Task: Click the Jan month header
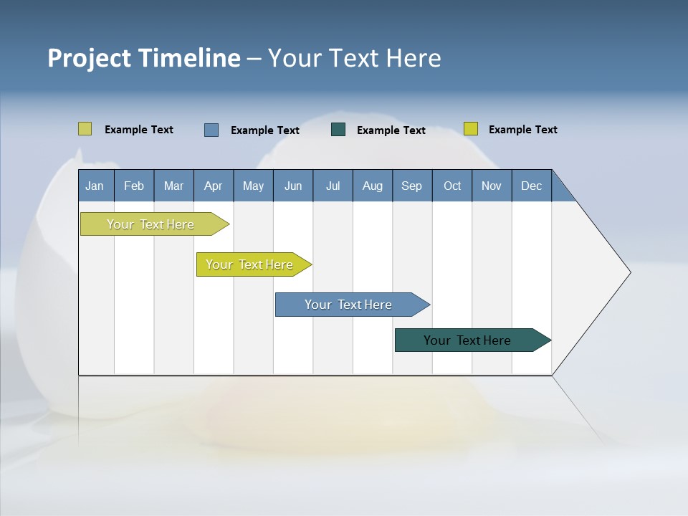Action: tap(95, 186)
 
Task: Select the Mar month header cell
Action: tap(173, 186)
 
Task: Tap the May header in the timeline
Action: tap(253, 186)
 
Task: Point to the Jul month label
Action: tap(333, 186)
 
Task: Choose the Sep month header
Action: tap(411, 186)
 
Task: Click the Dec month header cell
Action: tap(531, 186)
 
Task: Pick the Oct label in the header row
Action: tap(452, 186)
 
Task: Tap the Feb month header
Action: tap(134, 186)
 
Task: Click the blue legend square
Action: tap(211, 130)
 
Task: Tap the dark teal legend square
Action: tap(338, 130)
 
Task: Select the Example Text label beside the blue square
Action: tap(265, 130)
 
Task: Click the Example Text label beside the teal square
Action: tap(391, 130)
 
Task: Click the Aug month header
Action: tap(372, 186)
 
